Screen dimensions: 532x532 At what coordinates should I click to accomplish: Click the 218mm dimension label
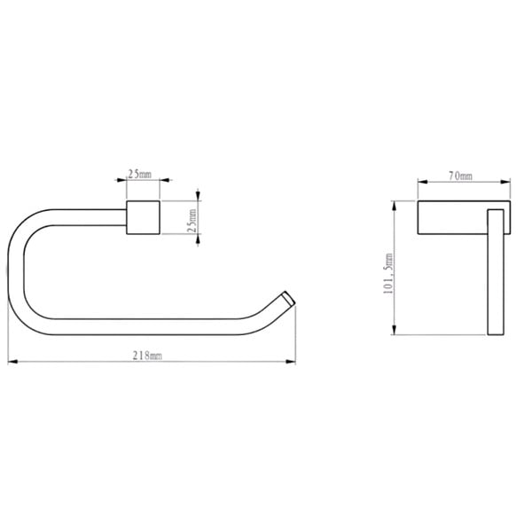point(147,356)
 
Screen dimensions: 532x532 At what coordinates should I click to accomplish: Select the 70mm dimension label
point(460,176)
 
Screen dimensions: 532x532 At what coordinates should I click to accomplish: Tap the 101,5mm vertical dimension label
point(388,273)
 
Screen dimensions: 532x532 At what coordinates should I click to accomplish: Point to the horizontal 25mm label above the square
point(139,174)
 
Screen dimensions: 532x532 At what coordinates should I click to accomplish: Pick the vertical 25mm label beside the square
point(192,221)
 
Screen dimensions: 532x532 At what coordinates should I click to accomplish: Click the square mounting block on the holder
point(143,217)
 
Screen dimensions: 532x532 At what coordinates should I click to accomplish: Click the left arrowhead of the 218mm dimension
point(12,362)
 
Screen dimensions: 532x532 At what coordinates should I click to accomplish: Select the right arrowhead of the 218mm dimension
point(291,362)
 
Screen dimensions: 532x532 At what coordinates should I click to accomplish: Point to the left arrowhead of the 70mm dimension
point(422,182)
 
